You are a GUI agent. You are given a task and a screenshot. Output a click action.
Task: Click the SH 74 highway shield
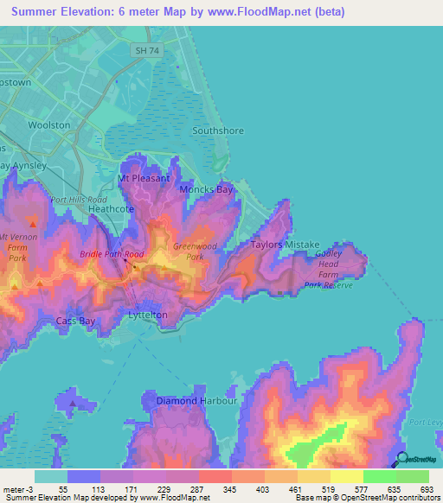pos(145,52)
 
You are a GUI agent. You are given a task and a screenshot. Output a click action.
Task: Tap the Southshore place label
pos(218,131)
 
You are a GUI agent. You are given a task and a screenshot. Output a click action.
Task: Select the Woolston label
pos(49,125)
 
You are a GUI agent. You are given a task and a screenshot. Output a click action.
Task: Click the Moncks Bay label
pos(206,189)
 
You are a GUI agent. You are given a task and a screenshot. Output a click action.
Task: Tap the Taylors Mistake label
pos(286,245)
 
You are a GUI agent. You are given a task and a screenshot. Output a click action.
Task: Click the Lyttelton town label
pos(147,315)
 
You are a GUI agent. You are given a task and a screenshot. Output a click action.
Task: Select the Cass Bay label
pos(75,321)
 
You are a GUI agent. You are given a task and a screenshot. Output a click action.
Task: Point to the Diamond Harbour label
pos(196,401)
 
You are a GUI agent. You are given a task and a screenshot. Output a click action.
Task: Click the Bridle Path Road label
pos(112,255)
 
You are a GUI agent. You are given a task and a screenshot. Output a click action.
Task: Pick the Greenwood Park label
pos(188,251)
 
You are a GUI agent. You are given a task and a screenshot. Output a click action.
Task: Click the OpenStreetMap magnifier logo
pos(402,460)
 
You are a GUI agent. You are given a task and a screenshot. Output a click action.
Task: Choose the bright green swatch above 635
pos(380,476)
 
